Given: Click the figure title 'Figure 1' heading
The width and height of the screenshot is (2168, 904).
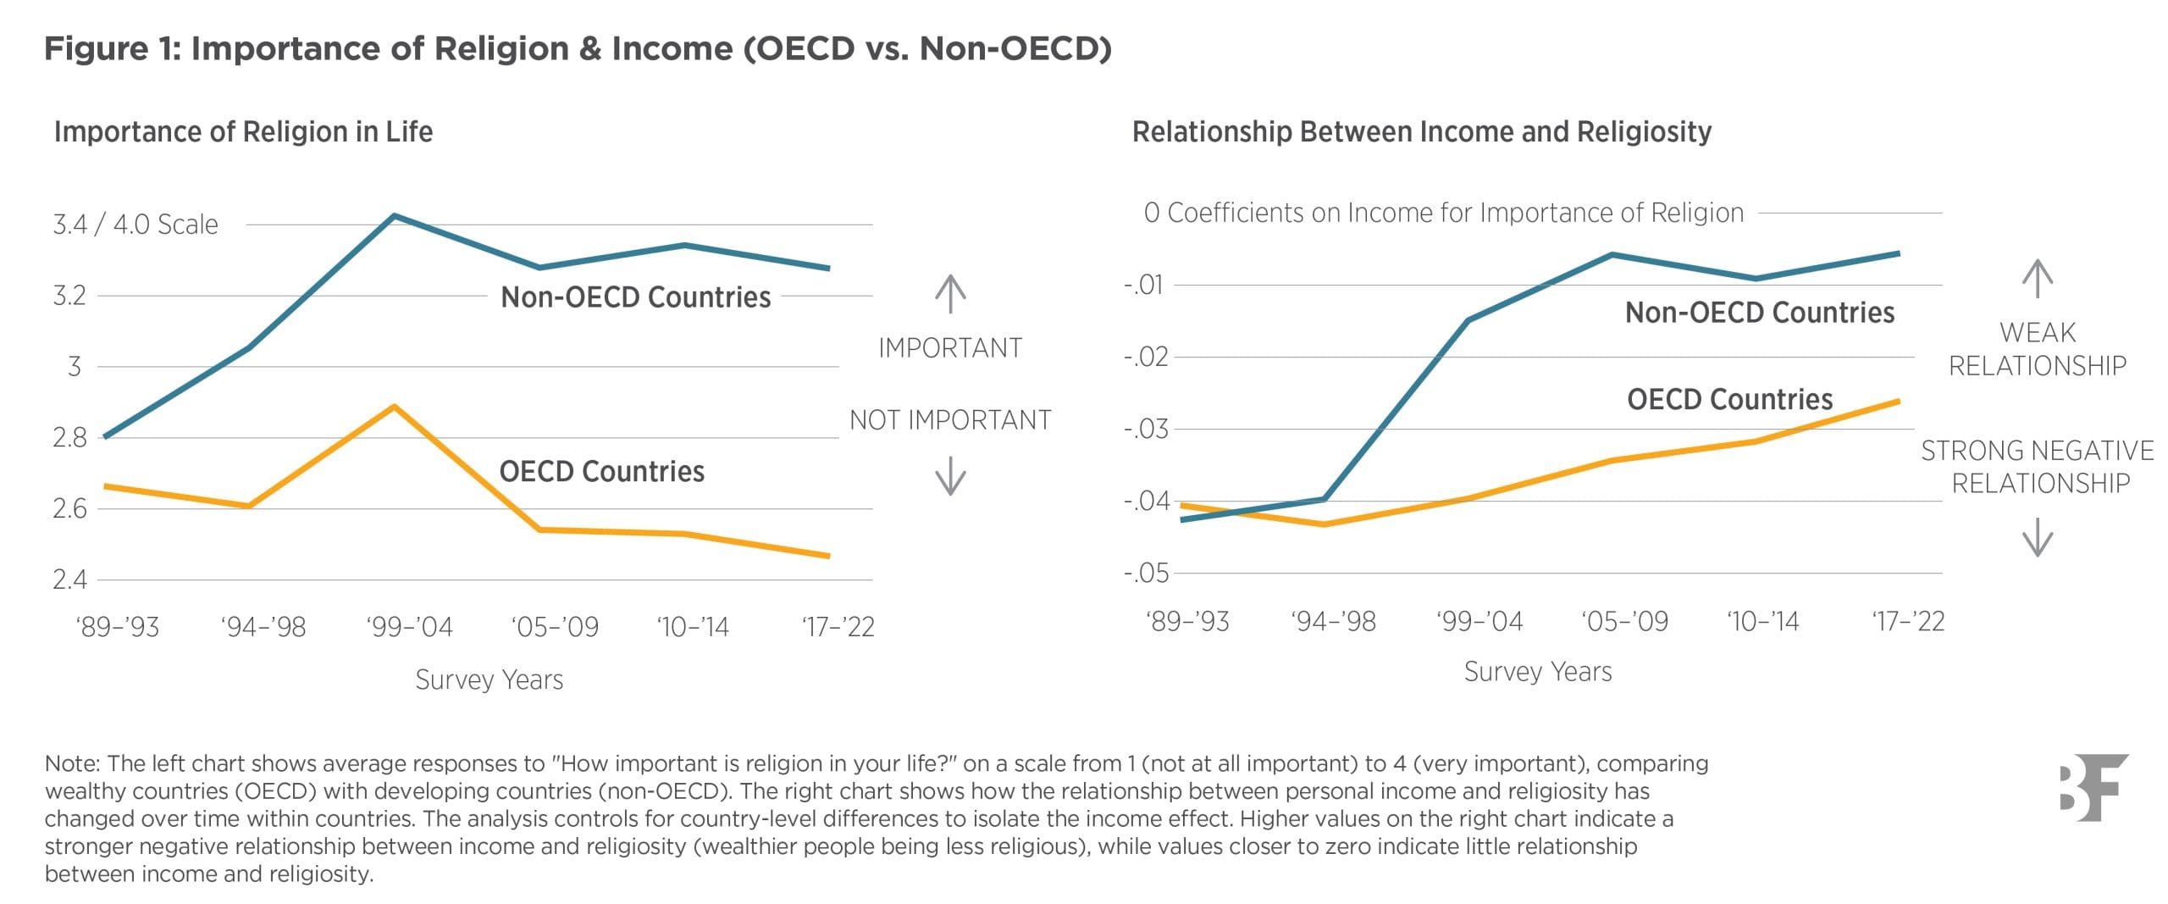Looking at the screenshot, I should [577, 48].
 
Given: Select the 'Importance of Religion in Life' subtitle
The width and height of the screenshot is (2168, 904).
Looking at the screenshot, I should [243, 132].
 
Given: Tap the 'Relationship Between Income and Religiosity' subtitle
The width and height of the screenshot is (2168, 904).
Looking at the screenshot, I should [1421, 132].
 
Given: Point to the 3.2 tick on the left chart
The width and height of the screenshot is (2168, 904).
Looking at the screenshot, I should [69, 296].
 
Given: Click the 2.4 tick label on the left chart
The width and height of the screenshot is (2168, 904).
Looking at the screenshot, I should [69, 580].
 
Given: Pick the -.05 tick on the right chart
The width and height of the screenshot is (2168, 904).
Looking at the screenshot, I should [1146, 574].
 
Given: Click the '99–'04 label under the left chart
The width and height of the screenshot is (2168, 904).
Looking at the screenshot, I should [410, 627].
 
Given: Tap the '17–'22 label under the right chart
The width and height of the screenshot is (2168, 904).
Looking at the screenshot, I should [1908, 622].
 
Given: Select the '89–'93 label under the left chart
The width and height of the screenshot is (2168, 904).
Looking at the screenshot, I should [118, 627].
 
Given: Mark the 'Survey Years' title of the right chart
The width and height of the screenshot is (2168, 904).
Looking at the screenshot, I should [1537, 672].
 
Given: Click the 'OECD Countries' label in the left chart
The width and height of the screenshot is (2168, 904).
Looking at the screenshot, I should [601, 471].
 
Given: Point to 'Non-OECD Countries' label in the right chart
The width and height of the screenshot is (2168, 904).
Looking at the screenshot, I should [1759, 313].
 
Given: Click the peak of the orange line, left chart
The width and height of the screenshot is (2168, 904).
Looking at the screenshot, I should [394, 407].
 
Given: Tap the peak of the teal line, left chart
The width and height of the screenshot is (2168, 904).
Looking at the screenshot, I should [394, 216].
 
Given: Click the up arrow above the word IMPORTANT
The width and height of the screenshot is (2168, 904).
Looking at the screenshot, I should [950, 294].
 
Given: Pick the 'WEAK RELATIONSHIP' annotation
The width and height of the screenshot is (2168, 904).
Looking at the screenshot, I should [2037, 349].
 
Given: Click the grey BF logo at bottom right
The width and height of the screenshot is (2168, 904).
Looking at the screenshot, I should [2093, 787].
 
